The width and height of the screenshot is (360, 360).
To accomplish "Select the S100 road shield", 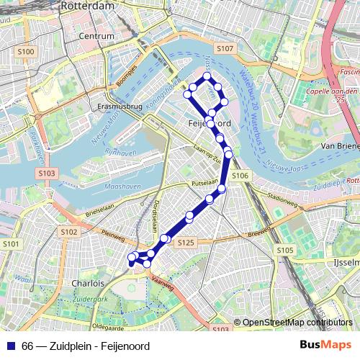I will coord(26,51).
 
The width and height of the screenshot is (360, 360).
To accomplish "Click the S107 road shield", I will coord(225,48).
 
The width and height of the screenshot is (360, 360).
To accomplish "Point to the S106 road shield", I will coord(240,176).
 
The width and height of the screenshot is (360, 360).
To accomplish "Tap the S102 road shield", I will coord(69,231).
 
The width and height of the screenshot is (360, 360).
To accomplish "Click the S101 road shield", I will coord(11,245).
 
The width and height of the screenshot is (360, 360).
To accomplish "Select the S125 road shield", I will coord(185,243).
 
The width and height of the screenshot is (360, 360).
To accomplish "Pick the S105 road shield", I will coord(284,250).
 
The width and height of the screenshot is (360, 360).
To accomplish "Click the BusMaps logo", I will coord(325,346).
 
